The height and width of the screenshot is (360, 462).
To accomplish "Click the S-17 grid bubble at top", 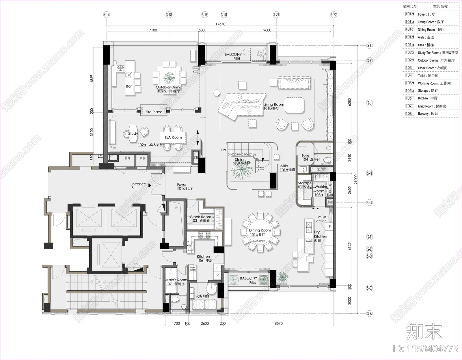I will [107, 14].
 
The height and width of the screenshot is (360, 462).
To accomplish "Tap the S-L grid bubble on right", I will [369, 45].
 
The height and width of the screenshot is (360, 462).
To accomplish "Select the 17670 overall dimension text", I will [220, 24].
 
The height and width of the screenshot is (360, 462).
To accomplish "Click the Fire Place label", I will [154, 112].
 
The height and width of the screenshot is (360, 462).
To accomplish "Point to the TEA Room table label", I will [173, 137].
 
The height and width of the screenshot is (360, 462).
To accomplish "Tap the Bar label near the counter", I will [129, 86].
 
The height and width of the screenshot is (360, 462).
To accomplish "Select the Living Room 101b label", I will [273, 106].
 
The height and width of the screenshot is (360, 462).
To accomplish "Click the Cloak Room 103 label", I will [201, 219].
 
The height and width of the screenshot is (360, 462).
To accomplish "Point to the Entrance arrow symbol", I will [150, 185].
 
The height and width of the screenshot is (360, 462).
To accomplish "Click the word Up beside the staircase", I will [223, 150].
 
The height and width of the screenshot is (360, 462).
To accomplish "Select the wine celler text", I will [321, 219].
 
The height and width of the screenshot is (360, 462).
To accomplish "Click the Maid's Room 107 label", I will [176, 282].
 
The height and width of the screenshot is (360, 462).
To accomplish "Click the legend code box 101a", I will [409, 14].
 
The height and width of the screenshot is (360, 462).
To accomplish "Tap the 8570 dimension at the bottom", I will [278, 323].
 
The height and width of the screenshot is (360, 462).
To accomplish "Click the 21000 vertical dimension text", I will [356, 179].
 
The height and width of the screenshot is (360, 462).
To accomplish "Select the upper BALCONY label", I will [233, 56].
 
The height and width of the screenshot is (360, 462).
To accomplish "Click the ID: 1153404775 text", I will [425, 348].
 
